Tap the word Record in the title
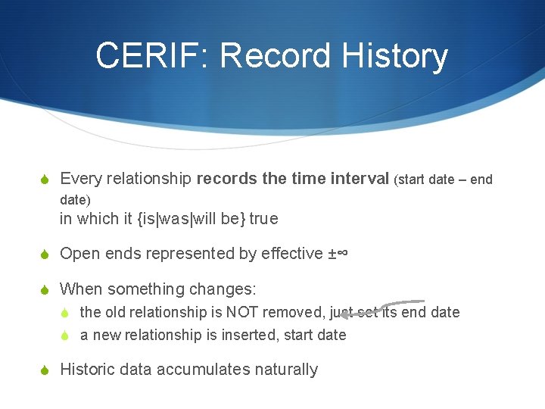coord(271,56)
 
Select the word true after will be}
coord(263,219)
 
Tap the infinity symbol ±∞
coord(337,254)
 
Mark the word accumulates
coord(207,370)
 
